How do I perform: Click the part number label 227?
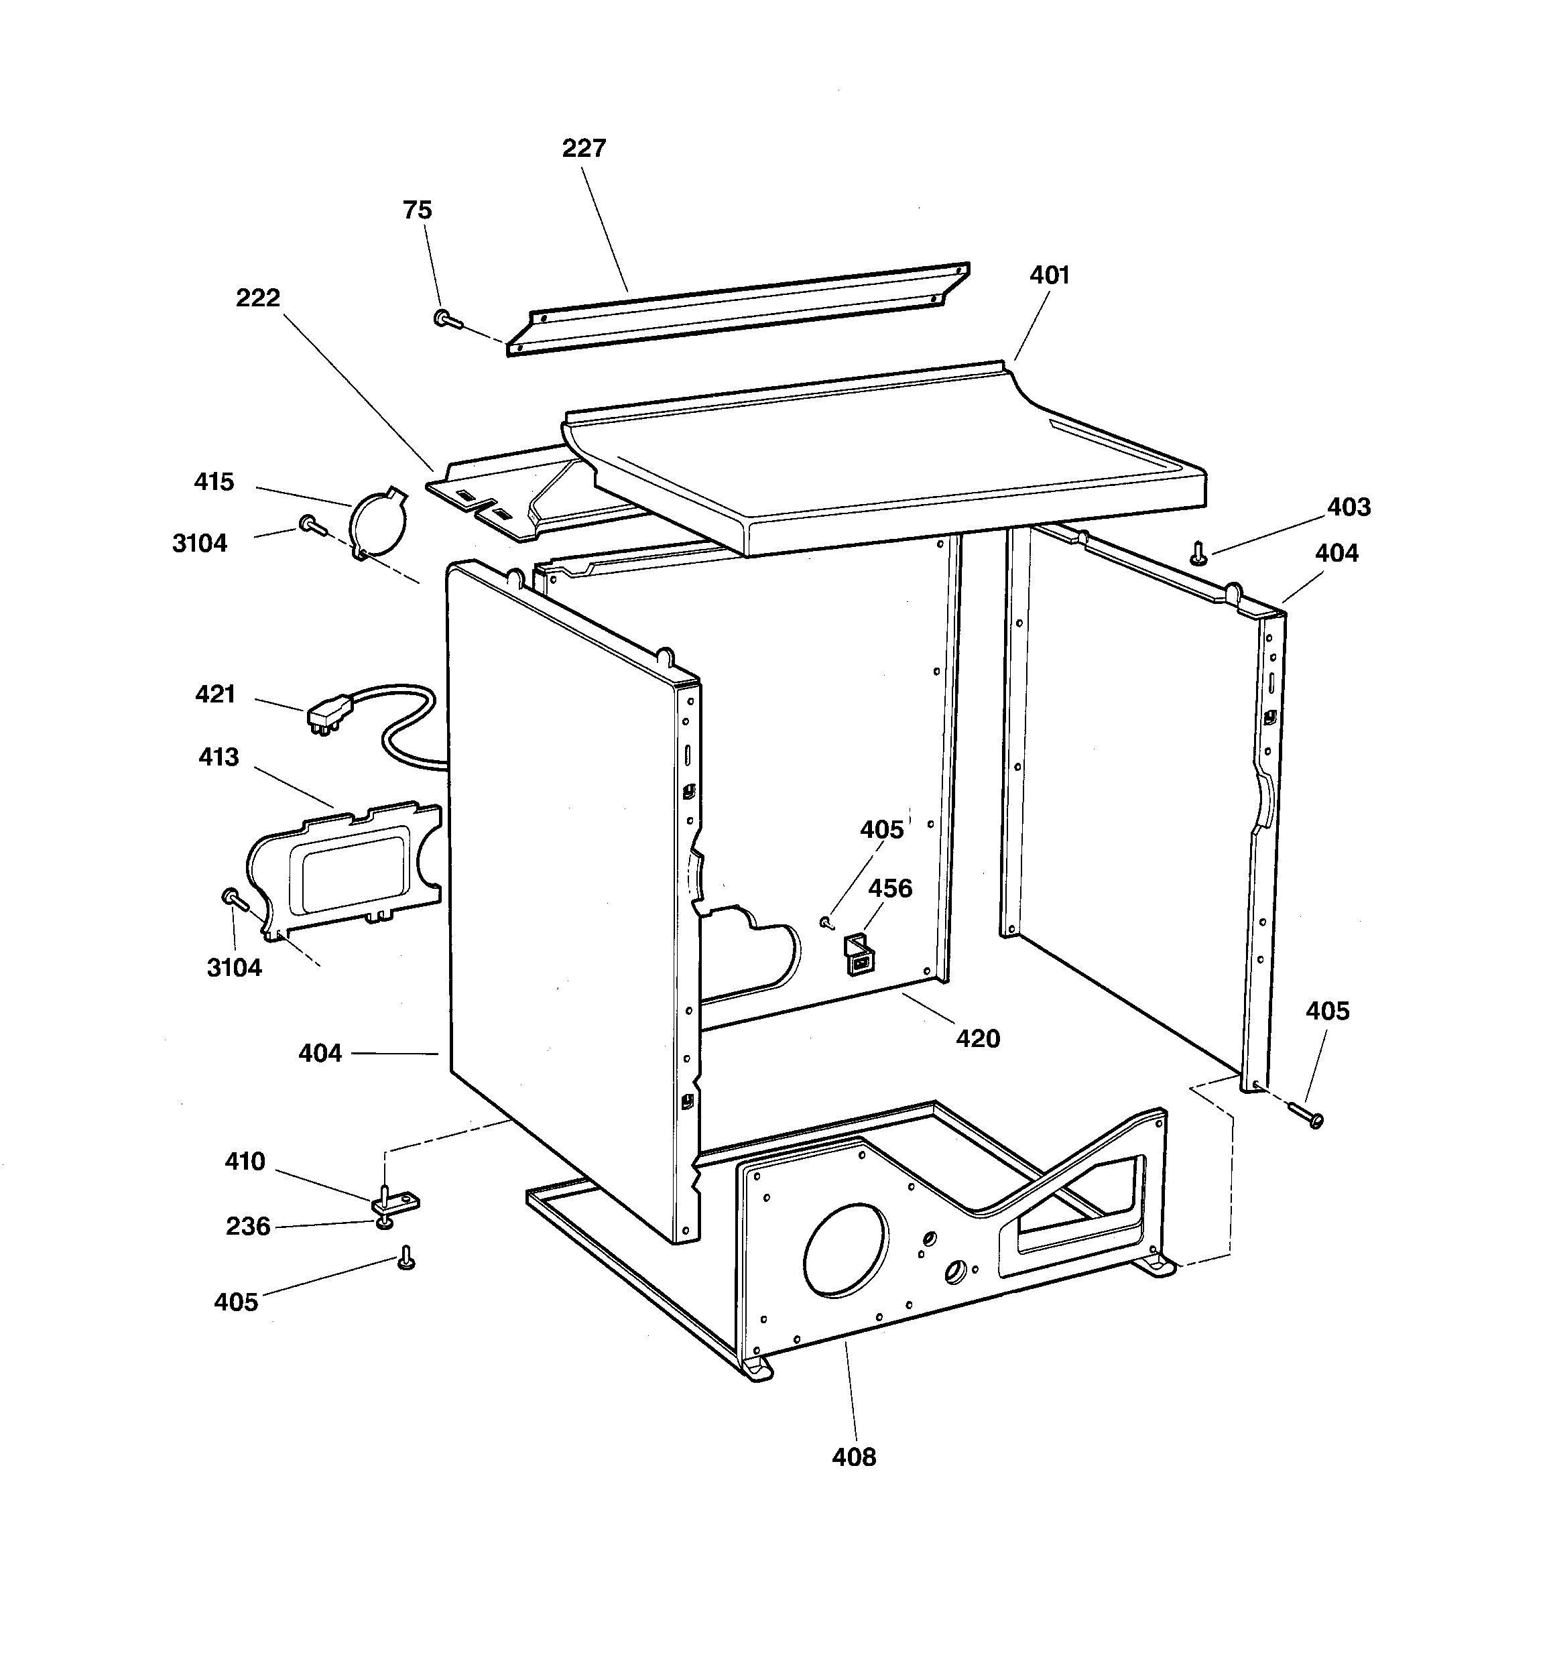pyautogui.click(x=583, y=149)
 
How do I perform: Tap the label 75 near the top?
pyautogui.click(x=418, y=210)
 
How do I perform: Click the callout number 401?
pyautogui.click(x=1049, y=275)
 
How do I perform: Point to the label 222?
pyautogui.click(x=258, y=298)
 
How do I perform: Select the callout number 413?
pyautogui.click(x=219, y=757)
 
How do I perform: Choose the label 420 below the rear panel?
pyautogui.click(x=977, y=1039)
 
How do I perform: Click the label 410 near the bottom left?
pyautogui.click(x=245, y=1162)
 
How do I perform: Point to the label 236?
pyautogui.click(x=248, y=1227)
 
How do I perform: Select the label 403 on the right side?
pyautogui.click(x=1349, y=507)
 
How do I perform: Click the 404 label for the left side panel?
pyautogui.click(x=320, y=1054)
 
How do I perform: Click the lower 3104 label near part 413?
pyautogui.click(x=235, y=968)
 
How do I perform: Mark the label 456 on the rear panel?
pyautogui.click(x=889, y=889)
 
